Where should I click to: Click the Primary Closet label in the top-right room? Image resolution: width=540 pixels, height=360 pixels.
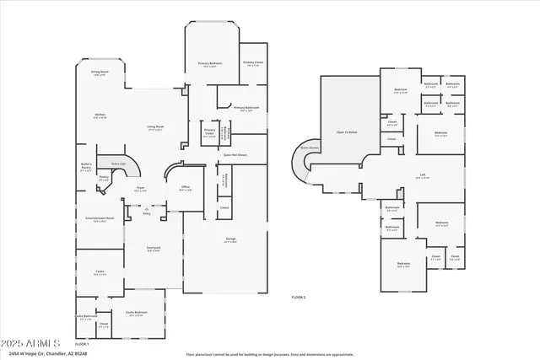[x=253, y=63]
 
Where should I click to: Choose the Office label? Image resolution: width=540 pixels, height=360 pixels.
[x=186, y=189]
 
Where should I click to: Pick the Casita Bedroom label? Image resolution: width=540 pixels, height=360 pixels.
[x=137, y=314]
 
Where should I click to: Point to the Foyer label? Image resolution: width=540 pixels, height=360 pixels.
[x=141, y=190]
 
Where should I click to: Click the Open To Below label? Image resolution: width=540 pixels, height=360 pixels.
[x=347, y=132]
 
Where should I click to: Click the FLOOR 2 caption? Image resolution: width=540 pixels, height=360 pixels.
[x=298, y=298]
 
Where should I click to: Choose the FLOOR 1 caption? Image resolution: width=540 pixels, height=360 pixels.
[x=82, y=345]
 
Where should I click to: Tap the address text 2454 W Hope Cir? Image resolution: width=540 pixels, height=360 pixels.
[x=44, y=354]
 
